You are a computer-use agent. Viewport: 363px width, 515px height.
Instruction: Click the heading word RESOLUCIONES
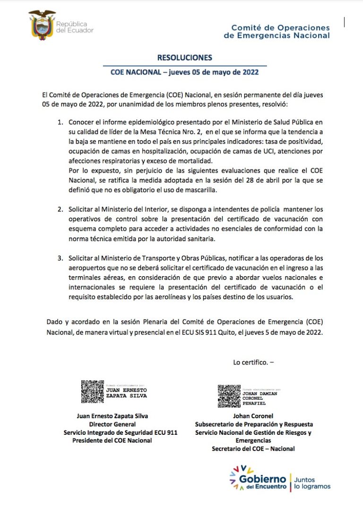click(x=184, y=58)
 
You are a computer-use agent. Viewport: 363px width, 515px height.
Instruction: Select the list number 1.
click(x=60, y=122)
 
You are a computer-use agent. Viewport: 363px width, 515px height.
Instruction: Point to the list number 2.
click(x=60, y=209)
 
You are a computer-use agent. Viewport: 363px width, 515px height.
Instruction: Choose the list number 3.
click(x=60, y=258)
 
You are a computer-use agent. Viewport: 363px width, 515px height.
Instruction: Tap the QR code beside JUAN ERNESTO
click(x=93, y=391)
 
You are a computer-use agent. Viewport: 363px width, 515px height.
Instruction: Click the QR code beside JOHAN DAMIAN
click(x=229, y=396)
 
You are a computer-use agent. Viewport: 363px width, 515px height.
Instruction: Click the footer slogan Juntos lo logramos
click(x=312, y=482)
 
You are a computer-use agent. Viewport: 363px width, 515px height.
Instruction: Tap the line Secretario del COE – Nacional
click(x=253, y=448)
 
